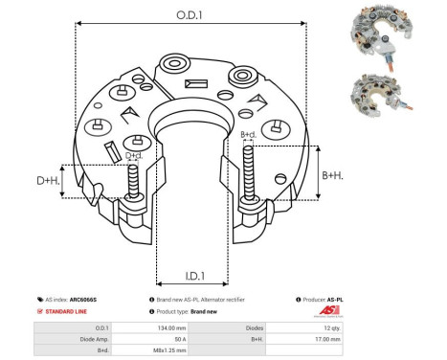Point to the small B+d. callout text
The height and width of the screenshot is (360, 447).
[x=248, y=135]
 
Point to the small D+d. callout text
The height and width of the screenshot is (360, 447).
[x=135, y=156]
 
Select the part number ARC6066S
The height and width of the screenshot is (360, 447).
[x=83, y=300]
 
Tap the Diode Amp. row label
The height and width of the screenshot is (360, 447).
[x=81, y=337]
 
